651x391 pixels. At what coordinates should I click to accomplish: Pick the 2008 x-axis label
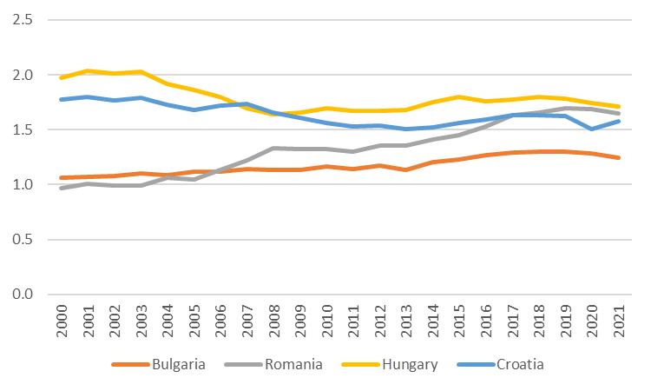(273, 321)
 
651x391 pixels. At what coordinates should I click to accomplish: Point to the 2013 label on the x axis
(404, 321)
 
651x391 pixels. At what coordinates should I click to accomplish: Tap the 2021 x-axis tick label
(617, 321)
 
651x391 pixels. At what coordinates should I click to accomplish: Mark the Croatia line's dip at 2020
(590, 129)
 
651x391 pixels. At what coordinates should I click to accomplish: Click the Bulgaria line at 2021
(617, 158)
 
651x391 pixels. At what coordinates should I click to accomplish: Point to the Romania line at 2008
(273, 149)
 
